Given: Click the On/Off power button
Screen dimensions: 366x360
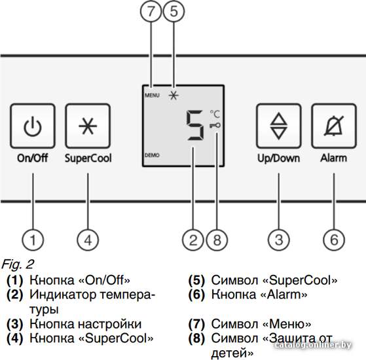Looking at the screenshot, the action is [x=33, y=126].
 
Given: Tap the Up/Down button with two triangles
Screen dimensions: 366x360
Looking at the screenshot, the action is [x=278, y=126].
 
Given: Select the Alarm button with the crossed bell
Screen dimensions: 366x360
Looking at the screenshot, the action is [x=334, y=126].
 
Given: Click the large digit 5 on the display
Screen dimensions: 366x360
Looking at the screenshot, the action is [x=195, y=125].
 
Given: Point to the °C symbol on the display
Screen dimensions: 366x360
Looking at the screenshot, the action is [x=215, y=114].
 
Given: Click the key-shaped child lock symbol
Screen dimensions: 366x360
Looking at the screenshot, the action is [x=215, y=126].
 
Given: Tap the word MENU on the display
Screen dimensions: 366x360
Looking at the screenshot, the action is [x=152, y=95].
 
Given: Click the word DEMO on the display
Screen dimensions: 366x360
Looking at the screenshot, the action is [x=152, y=155].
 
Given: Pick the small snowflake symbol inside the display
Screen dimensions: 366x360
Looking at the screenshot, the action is [x=174, y=96].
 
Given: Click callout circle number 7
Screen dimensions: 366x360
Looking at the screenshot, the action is [x=151, y=11].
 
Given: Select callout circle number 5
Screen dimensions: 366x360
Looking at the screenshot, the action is [x=174, y=11].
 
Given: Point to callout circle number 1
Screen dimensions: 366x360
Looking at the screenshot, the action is [x=33, y=240].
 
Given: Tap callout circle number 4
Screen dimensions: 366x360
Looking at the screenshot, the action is [x=88, y=240].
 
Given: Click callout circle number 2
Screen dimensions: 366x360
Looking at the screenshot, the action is [x=193, y=240].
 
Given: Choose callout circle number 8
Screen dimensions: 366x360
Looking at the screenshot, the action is [x=217, y=240].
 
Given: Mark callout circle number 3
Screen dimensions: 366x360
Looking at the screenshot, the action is [x=279, y=240].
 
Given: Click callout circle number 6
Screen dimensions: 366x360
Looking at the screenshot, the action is [x=334, y=240].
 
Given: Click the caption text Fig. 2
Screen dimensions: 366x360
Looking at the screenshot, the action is [x=18, y=264].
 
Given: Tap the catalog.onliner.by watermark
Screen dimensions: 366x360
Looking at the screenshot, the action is [x=313, y=345].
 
